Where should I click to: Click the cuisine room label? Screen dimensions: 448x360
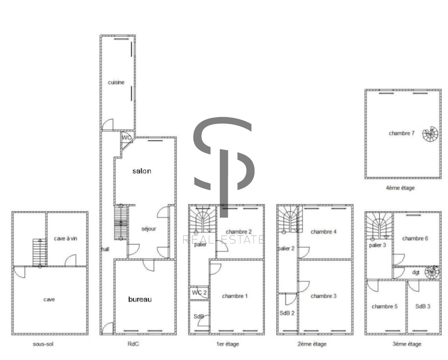(x=116, y=82)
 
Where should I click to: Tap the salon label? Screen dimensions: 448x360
(x=142, y=171)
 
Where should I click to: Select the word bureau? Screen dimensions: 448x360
(x=140, y=299)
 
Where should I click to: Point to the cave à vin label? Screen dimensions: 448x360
(x=65, y=238)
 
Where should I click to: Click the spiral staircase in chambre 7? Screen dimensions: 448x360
(x=430, y=134)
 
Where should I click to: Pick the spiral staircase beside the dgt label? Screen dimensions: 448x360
(x=432, y=272)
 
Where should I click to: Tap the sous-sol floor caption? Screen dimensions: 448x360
(x=43, y=344)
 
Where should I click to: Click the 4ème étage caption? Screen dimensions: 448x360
(x=400, y=188)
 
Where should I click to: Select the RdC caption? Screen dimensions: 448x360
(x=133, y=344)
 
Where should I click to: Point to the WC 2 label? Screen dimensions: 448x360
(x=199, y=292)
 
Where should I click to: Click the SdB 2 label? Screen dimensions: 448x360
(x=287, y=313)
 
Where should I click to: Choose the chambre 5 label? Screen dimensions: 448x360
(x=384, y=306)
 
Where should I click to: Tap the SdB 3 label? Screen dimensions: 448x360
(x=423, y=306)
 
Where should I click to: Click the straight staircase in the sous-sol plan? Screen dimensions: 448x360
(x=40, y=252)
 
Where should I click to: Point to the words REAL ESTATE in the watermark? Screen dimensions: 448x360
(x=223, y=240)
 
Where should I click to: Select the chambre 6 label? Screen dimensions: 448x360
(x=415, y=238)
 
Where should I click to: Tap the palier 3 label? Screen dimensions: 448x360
(x=377, y=245)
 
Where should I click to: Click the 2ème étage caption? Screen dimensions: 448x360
(x=312, y=344)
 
